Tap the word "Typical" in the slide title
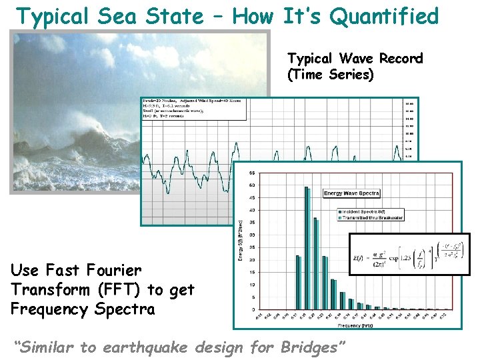coord(55,15)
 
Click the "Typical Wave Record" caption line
coord(355,59)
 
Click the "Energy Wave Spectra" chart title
coord(351,193)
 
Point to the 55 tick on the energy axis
coord(251,173)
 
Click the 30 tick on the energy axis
coord(251,235)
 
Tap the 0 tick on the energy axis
coord(253,310)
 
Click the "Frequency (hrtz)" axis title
coord(350,326)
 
